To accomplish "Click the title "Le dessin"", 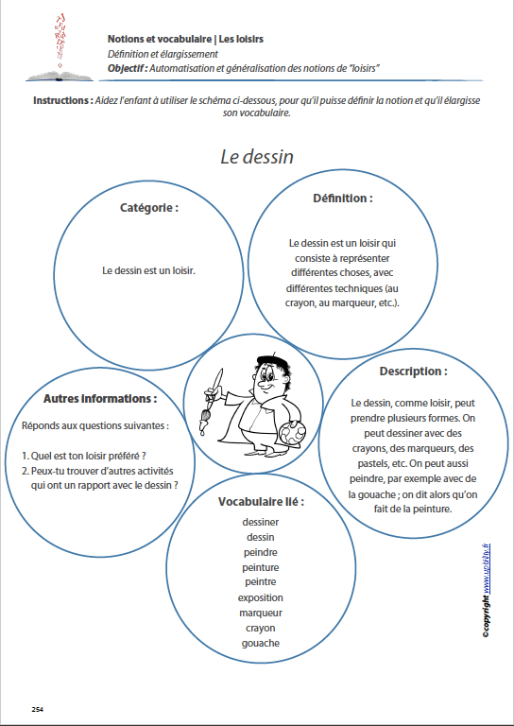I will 257,157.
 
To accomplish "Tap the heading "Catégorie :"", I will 149,208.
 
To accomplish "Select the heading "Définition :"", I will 342,199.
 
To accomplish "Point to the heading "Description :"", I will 413,372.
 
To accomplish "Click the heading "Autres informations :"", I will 100,399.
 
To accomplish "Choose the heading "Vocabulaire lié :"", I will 261,501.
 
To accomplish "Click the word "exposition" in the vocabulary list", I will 260,597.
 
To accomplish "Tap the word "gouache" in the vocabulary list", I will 260,643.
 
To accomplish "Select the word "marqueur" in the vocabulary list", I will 260,613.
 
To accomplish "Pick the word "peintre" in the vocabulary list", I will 260,582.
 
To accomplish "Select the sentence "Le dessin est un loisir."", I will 148,270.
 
